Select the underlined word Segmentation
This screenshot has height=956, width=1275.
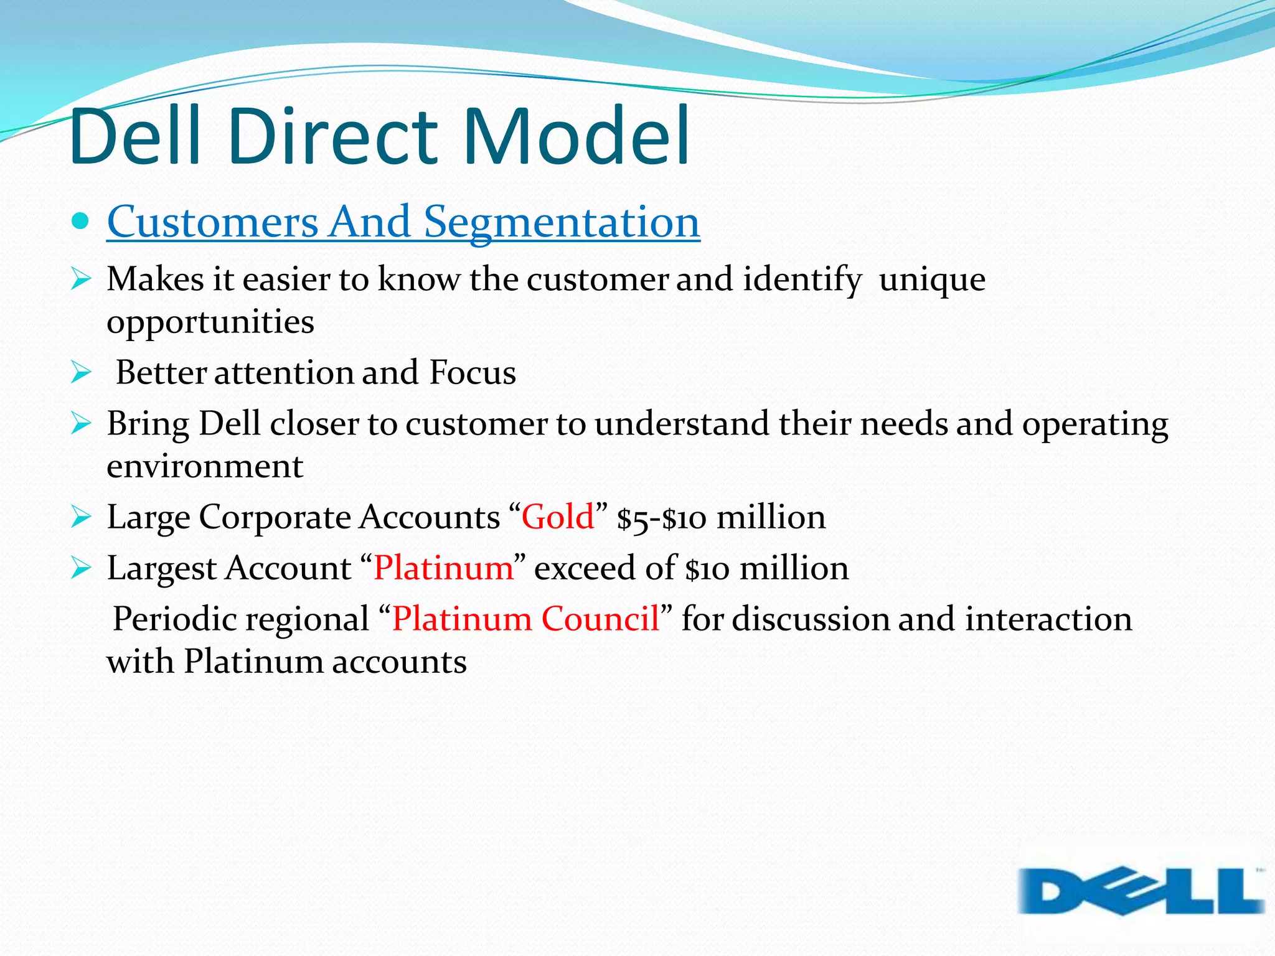tap(562, 222)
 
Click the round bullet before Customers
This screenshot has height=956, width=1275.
tap(80, 220)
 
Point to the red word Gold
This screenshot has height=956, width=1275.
tap(557, 517)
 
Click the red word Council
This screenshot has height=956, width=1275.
tap(600, 619)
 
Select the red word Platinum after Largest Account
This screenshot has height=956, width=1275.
tap(443, 568)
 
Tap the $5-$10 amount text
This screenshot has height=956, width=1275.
tap(661, 518)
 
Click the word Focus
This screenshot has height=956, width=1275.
tap(472, 373)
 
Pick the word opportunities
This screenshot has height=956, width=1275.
tap(210, 322)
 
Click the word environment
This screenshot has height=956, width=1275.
tap(205, 467)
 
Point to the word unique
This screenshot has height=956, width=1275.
tap(932, 279)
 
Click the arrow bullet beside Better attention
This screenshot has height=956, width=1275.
tap(81, 373)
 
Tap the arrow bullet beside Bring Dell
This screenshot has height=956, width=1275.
tap(81, 424)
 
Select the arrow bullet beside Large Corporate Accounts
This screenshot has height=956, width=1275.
tap(81, 517)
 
